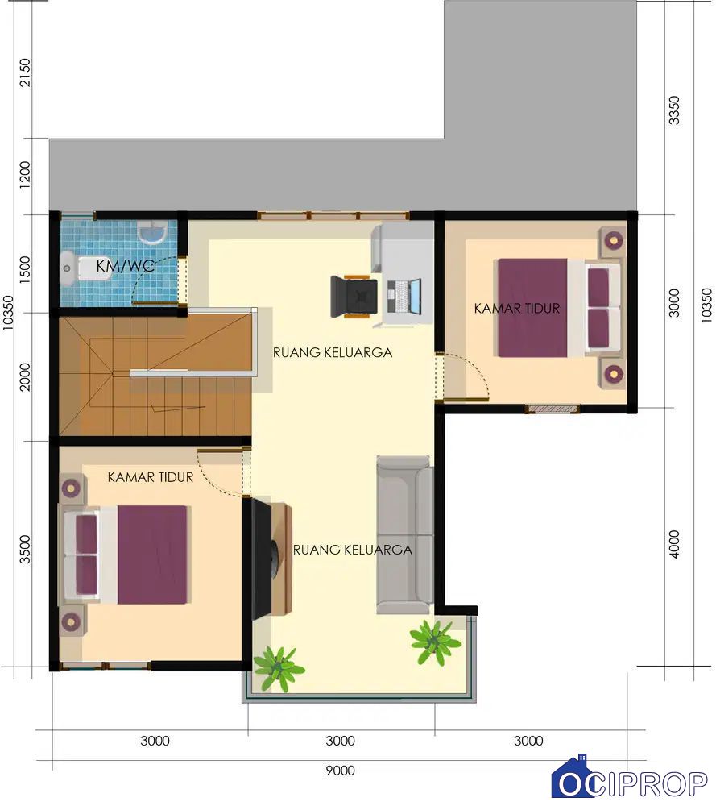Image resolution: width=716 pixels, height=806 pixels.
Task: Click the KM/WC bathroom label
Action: [126, 266]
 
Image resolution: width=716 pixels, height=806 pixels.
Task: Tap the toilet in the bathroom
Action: [85, 268]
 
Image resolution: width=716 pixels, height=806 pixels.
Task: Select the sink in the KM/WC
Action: [152, 233]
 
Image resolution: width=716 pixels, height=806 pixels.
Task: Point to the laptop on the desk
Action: [404, 297]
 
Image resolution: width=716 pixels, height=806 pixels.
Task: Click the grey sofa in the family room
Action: [405, 535]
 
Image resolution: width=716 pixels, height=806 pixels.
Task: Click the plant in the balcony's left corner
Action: [278, 667]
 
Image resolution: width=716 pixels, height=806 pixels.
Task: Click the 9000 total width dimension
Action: [340, 771]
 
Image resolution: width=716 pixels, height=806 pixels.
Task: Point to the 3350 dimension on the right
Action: [674, 110]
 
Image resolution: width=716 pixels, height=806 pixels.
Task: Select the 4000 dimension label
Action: [674, 544]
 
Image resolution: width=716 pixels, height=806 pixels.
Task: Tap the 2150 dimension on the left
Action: [24, 73]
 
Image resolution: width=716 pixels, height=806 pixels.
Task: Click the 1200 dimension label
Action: [24, 175]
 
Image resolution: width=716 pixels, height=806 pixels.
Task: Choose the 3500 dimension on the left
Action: [24, 550]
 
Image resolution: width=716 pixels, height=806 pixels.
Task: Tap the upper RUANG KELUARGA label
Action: [333, 353]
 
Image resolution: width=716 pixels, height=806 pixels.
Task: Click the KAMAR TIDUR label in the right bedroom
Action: [517, 309]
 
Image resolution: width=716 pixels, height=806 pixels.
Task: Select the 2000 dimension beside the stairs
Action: [24, 376]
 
